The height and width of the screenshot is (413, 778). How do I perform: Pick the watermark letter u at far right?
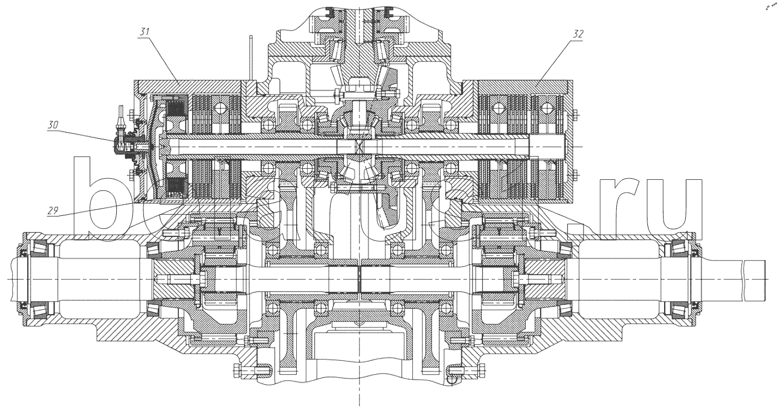(x=680, y=205)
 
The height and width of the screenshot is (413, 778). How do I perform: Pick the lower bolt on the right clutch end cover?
(x=575, y=175)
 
